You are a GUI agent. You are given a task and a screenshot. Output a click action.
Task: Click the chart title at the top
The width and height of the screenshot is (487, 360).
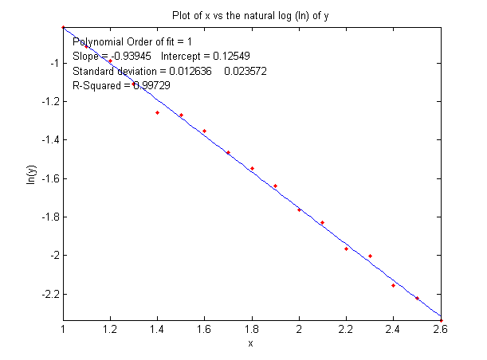point(250,15)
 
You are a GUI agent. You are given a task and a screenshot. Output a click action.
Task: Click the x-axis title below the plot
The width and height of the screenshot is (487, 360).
point(250,344)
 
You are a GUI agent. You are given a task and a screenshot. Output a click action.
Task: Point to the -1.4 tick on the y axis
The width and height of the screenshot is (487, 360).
point(49,139)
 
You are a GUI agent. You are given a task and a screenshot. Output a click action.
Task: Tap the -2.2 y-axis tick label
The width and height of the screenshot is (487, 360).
point(49,294)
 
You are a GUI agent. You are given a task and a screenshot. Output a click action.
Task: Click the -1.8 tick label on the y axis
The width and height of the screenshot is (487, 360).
point(49,217)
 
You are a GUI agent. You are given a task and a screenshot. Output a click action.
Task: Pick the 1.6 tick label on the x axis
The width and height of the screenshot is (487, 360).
point(204,328)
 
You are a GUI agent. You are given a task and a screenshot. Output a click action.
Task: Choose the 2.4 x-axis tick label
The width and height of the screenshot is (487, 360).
point(393,328)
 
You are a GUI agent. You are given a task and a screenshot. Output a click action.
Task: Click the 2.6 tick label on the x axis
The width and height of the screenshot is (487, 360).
point(440,328)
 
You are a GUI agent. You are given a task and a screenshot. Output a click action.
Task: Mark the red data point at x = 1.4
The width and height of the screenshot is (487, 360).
point(157,112)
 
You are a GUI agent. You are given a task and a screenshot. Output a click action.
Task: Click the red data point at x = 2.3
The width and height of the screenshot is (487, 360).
point(370,256)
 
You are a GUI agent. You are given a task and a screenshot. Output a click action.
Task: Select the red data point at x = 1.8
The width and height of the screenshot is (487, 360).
point(252,168)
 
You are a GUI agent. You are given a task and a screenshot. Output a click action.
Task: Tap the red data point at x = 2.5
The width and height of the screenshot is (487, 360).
point(417,298)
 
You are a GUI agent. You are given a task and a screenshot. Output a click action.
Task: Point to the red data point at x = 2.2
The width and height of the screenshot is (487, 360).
point(346,248)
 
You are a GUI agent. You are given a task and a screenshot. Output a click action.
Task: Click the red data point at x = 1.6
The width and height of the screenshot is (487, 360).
point(204,131)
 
